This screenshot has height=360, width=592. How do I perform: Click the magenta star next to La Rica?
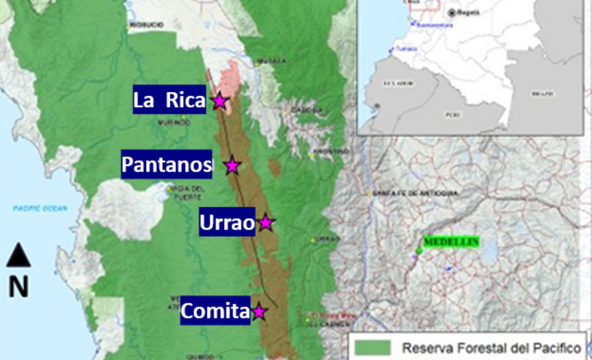pos(219,101)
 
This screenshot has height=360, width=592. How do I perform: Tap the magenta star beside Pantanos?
pos(232,165)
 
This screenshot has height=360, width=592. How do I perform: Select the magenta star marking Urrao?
pos(266,223)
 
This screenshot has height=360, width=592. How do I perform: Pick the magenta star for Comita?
pos(259,312)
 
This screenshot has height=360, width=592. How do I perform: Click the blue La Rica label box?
pos(169,100)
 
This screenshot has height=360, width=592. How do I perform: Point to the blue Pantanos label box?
pos(166,164)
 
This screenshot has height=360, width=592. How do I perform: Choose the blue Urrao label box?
pos(227,222)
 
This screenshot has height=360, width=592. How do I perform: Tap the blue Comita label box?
pos(215,311)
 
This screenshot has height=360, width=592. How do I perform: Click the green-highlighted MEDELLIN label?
pos(451,242)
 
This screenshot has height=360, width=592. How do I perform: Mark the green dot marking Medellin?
pos(418,251)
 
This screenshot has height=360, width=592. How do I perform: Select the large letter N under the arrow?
pos(18,287)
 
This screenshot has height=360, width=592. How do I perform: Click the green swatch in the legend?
pos(373,347)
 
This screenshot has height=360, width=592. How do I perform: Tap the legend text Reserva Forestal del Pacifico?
pos(491,348)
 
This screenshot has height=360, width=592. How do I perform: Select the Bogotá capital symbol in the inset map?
pos(452,12)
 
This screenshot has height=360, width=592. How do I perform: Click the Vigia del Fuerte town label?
pos(188,191)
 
